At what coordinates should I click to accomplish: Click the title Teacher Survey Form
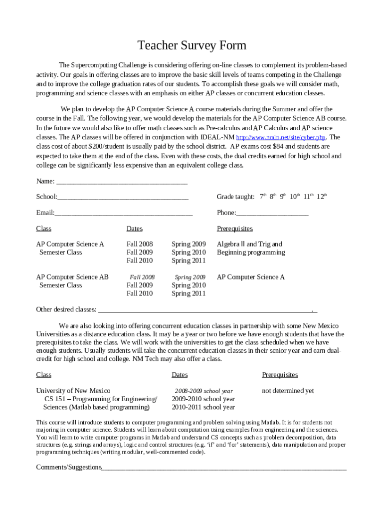click(192, 46)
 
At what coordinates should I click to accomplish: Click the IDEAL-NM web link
click(281, 138)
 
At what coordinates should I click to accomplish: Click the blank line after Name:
click(122, 182)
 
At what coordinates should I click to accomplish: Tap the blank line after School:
click(123, 198)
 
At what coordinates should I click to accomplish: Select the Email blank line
click(123, 214)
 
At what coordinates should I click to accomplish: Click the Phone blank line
click(272, 214)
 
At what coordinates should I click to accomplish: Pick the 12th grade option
click(322, 197)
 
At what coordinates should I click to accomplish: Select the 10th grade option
click(294, 197)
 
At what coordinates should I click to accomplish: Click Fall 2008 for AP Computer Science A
click(140, 244)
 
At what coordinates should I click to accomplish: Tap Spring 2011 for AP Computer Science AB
click(189, 293)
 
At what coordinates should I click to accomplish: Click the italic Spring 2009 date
click(190, 277)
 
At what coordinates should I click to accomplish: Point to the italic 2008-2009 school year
click(203, 391)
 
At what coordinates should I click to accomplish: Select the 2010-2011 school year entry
click(203, 407)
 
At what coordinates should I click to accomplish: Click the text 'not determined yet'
click(288, 391)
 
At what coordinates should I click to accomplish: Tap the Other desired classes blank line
click(204, 310)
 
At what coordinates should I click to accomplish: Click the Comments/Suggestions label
click(69, 467)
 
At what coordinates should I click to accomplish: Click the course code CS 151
click(54, 399)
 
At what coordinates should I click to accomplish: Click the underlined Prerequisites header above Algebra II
click(234, 229)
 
